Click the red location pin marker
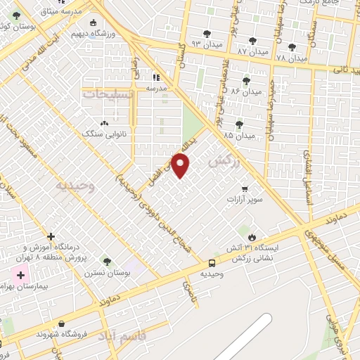181,165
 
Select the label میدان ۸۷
252,51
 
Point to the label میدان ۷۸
291,58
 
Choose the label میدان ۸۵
238,135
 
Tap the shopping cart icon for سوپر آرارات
244,188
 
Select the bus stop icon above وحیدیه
212,263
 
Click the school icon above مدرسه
155,77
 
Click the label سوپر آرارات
244,200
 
